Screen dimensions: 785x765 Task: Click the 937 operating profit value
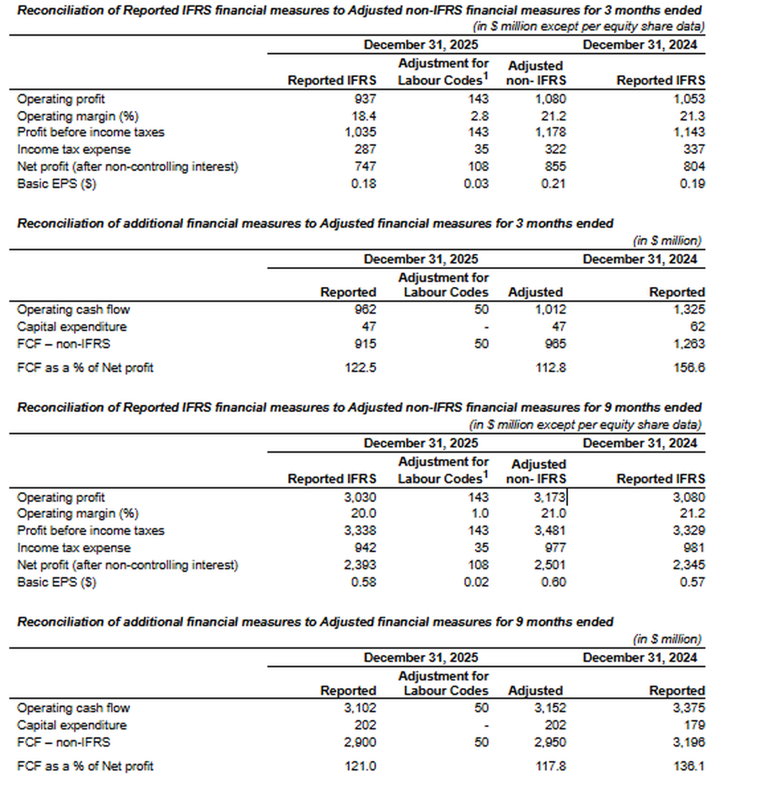[365, 99]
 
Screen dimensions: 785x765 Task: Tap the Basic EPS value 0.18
[363, 184]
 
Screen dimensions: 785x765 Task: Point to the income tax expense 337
[694, 149]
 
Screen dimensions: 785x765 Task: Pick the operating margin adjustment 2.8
[479, 116]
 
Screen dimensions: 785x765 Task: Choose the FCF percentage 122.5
[360, 368]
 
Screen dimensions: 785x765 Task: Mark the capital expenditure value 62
[697, 326]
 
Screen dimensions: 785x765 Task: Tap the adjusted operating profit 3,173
[550, 497]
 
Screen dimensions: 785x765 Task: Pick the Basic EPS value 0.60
[553, 582]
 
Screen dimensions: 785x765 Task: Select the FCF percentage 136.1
[689, 766]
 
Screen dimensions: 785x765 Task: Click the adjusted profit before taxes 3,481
[550, 531]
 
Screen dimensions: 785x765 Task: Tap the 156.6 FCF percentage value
[689, 368]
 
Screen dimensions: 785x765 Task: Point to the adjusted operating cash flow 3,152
[550, 708]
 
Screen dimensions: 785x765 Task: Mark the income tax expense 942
[365, 548]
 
